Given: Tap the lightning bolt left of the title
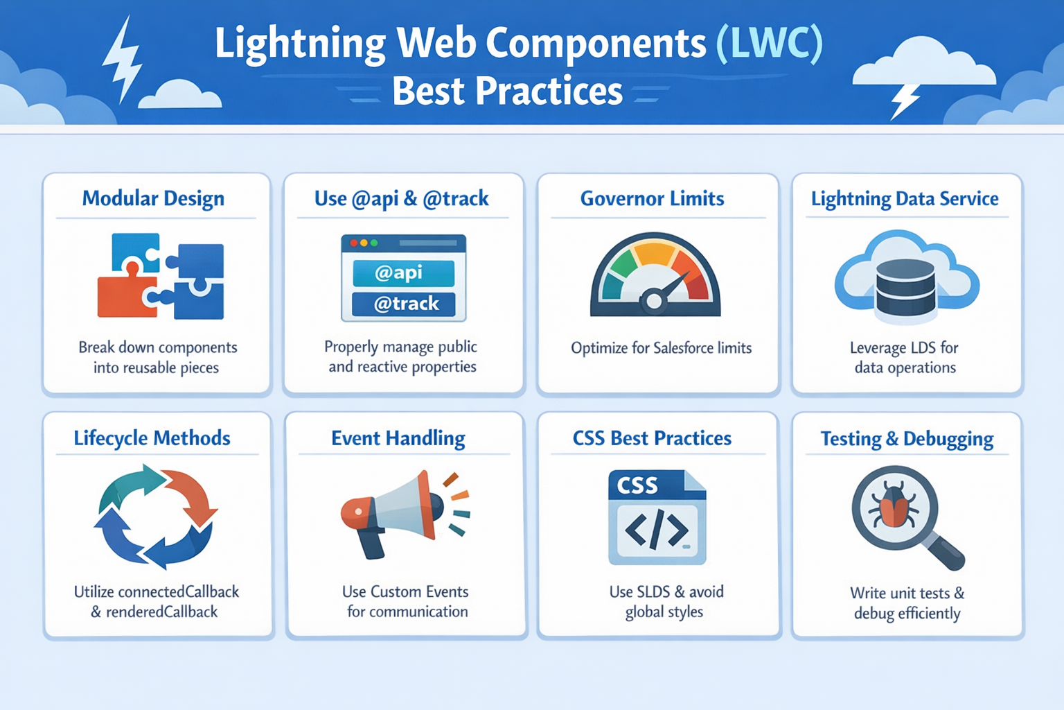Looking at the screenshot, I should [x=122, y=60].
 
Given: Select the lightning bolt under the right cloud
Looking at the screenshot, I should [x=905, y=101].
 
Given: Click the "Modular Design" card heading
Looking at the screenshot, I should [x=153, y=198].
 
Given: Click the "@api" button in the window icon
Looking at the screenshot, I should [x=403, y=273].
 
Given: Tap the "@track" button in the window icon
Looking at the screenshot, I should [x=404, y=304].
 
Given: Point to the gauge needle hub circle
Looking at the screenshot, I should [x=653, y=301].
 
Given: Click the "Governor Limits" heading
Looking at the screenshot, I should [x=652, y=199].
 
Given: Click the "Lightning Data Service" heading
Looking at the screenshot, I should [x=905, y=199].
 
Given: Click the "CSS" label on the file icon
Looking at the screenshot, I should [x=637, y=485].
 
